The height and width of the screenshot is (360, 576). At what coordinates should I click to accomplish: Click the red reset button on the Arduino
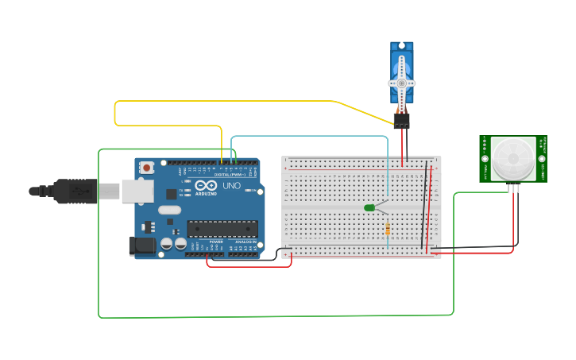pyautogui.click(x=147, y=168)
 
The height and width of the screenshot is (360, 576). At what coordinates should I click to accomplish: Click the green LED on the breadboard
pyautogui.click(x=369, y=208)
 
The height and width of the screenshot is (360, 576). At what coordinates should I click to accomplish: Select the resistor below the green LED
pyautogui.click(x=388, y=230)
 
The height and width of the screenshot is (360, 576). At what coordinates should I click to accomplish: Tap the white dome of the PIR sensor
pyautogui.click(x=512, y=158)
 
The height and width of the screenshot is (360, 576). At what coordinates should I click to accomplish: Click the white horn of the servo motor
pyautogui.click(x=402, y=83)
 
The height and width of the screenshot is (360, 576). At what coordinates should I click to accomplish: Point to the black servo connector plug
pyautogui.click(x=401, y=121)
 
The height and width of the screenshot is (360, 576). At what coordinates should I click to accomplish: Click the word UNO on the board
pyautogui.click(x=231, y=186)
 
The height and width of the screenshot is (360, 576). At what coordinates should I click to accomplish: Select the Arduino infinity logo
pyautogui.click(x=206, y=187)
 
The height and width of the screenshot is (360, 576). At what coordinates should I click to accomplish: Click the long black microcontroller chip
pyautogui.click(x=222, y=229)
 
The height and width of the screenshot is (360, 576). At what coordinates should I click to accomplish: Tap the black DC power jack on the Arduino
pyautogui.click(x=142, y=246)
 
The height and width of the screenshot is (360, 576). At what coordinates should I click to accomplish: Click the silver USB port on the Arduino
pyautogui.click(x=137, y=191)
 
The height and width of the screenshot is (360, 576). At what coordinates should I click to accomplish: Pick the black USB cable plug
pyautogui.click(x=75, y=191)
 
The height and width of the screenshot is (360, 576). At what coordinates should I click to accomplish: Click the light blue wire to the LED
pyautogui.click(x=310, y=136)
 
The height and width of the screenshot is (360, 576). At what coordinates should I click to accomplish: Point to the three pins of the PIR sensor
pyautogui.click(x=513, y=188)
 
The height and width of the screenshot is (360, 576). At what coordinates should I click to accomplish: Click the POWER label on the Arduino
pyautogui.click(x=216, y=242)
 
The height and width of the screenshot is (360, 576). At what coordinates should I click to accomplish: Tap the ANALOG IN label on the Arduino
pyautogui.click(x=245, y=242)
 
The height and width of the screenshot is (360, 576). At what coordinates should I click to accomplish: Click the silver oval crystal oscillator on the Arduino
pyautogui.click(x=169, y=211)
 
